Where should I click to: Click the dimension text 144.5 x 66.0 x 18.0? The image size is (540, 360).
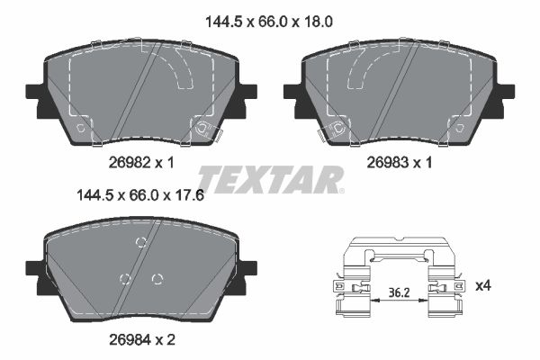[x=268, y=22]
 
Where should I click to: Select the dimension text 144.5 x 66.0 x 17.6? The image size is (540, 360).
[x=140, y=195]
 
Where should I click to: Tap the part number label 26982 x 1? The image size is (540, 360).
[x=141, y=162]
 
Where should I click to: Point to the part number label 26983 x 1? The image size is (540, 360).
[x=400, y=162]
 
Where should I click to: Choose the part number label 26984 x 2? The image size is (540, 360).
[x=142, y=340]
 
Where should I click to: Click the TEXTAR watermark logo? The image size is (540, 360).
[x=271, y=179]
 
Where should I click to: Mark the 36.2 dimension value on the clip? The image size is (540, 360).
[x=399, y=292]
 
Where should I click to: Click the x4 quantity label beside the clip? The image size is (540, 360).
[x=483, y=285]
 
